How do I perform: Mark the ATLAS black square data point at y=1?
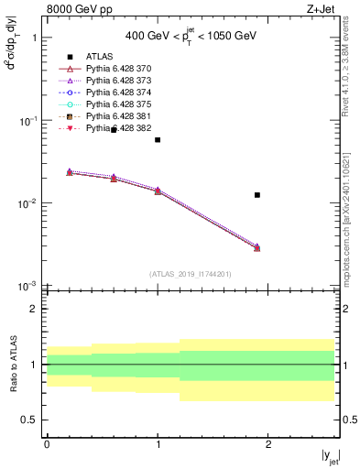pos(158,140)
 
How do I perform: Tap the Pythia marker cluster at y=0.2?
pos(69,172)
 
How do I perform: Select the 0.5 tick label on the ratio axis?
pos(29,420)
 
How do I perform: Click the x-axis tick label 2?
pos(268,444)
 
